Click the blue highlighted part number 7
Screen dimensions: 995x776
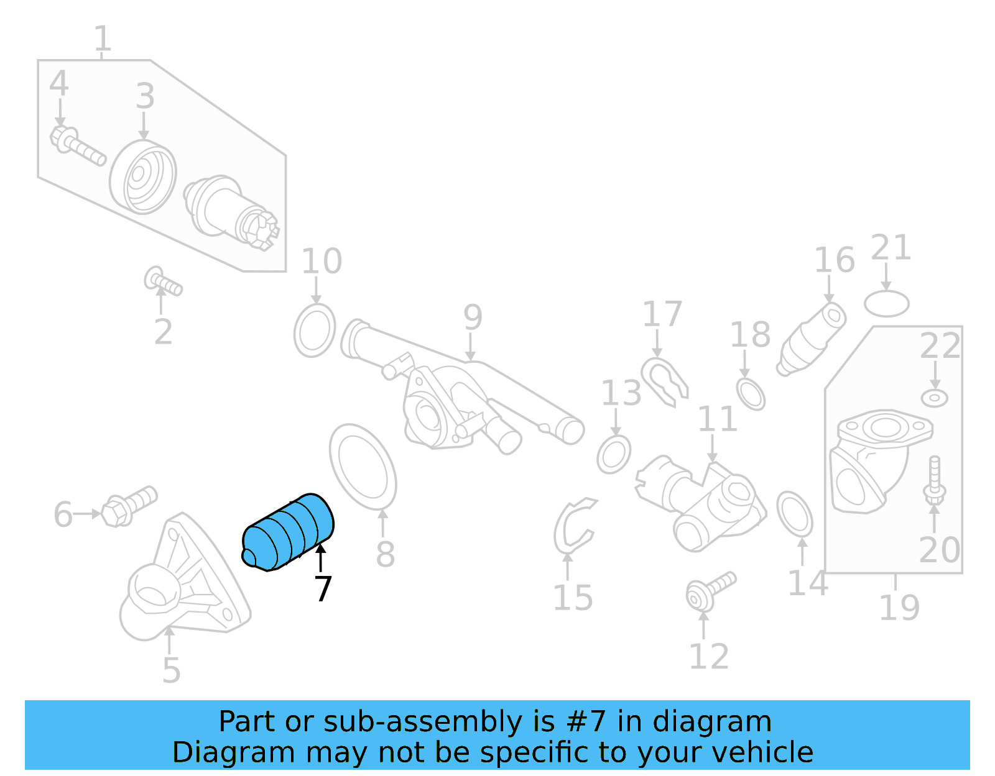point(287,531)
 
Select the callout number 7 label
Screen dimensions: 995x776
point(323,589)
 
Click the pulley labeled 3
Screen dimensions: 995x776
point(143,177)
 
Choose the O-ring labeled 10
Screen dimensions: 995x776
point(315,331)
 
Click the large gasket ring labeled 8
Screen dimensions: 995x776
point(363,466)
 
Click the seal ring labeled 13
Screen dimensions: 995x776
point(614,455)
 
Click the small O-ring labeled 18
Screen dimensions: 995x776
point(751,393)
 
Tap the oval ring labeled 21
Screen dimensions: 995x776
point(887,304)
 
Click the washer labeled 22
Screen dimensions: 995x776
point(934,398)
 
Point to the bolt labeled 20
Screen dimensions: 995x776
point(934,482)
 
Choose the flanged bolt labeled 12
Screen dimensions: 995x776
point(709,590)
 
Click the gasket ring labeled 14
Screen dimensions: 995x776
point(795,513)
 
